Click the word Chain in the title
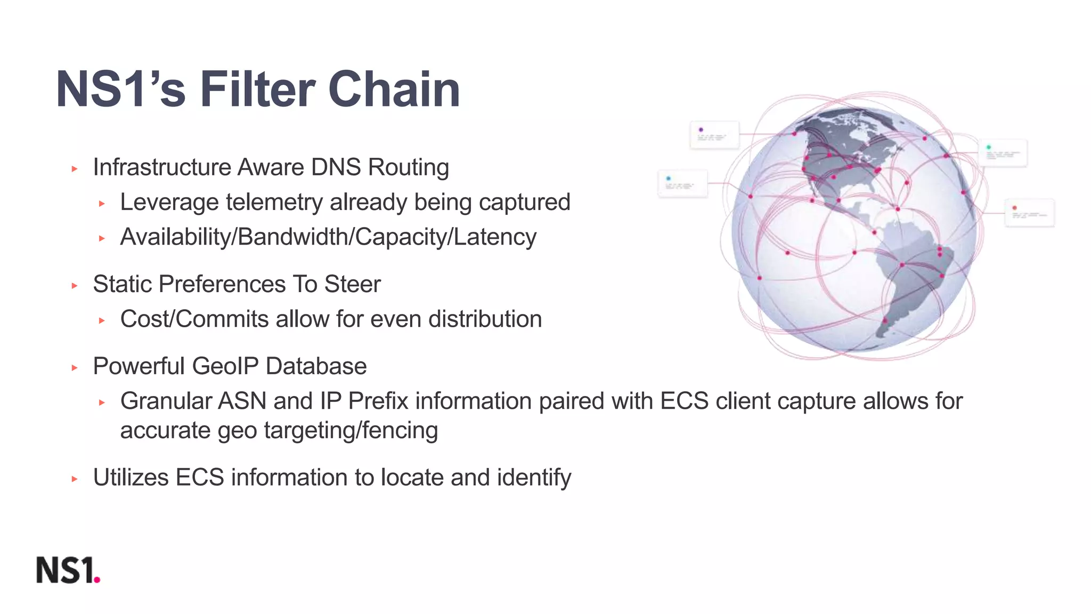click(x=394, y=90)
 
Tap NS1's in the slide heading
click(x=121, y=90)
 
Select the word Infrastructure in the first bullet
click(x=162, y=167)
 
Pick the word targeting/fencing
click(x=351, y=431)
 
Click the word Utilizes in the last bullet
click(x=131, y=478)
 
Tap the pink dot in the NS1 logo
click(x=97, y=580)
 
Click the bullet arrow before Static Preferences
click(x=75, y=286)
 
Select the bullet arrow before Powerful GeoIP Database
click(x=75, y=368)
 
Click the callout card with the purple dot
click(x=714, y=134)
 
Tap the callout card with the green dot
click(x=1003, y=153)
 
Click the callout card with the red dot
click(x=1029, y=213)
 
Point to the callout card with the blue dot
click(x=682, y=183)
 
